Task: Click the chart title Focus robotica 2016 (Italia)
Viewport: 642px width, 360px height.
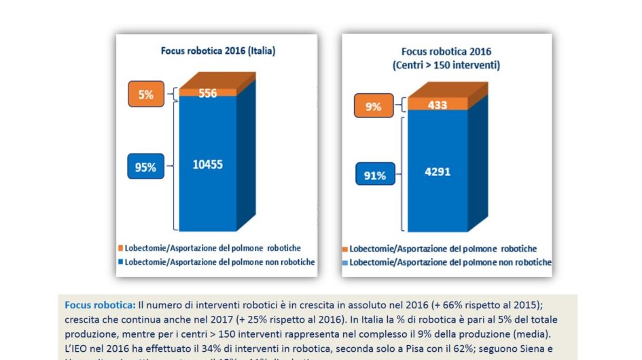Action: pyautogui.click(x=217, y=50)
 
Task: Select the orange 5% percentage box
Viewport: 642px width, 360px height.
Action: pyautogui.click(x=145, y=95)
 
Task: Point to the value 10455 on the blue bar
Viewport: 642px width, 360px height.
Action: pyautogui.click(x=207, y=164)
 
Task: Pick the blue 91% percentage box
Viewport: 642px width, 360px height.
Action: pyautogui.click(x=374, y=175)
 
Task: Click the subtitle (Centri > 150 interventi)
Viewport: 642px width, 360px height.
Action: pyautogui.click(x=446, y=66)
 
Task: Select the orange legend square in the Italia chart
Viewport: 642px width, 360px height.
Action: pyautogui.click(x=121, y=248)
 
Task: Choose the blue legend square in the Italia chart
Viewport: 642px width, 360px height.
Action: pyautogui.click(x=121, y=262)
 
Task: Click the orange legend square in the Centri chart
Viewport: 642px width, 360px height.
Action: pyautogui.click(x=345, y=249)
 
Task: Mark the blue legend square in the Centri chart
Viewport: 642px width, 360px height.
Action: pyautogui.click(x=345, y=262)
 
